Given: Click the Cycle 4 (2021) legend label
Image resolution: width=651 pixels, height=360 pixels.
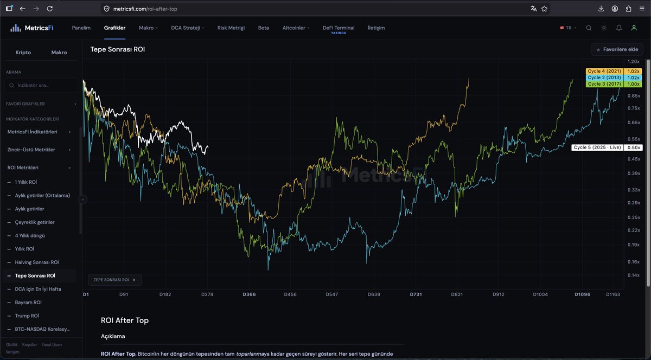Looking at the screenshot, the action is tap(604, 71).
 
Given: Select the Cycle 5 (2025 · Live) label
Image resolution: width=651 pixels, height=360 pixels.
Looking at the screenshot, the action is tap(597, 147).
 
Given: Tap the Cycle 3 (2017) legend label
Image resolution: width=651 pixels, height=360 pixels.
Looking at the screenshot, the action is tap(604, 84).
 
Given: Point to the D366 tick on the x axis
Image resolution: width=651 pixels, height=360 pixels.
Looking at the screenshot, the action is tap(249, 294).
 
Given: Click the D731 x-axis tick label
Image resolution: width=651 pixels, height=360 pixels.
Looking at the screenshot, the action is tap(416, 294).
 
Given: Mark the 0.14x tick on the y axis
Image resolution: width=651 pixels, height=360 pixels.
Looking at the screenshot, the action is tap(633, 275).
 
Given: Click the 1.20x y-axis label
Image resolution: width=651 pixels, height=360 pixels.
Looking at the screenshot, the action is tap(633, 62).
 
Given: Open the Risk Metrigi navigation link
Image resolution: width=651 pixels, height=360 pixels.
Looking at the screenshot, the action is tap(231, 28).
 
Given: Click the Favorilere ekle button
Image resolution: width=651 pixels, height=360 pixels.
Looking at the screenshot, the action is tap(617, 49).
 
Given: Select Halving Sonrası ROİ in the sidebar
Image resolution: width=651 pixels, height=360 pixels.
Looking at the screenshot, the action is tap(37, 262).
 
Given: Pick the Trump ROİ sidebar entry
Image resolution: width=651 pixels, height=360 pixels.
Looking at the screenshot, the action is tap(27, 316).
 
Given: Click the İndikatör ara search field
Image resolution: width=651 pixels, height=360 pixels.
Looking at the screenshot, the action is tap(41, 86).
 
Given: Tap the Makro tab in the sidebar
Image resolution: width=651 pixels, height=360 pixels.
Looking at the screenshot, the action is tap(59, 53).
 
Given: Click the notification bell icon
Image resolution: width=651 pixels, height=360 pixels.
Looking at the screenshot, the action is tap(619, 28).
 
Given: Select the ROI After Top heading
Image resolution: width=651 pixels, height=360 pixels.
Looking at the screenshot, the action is tap(124, 320).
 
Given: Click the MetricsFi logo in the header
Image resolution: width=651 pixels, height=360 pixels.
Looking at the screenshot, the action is tap(31, 28).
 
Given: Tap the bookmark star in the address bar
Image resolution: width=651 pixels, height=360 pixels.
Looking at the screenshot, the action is tap(544, 9).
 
